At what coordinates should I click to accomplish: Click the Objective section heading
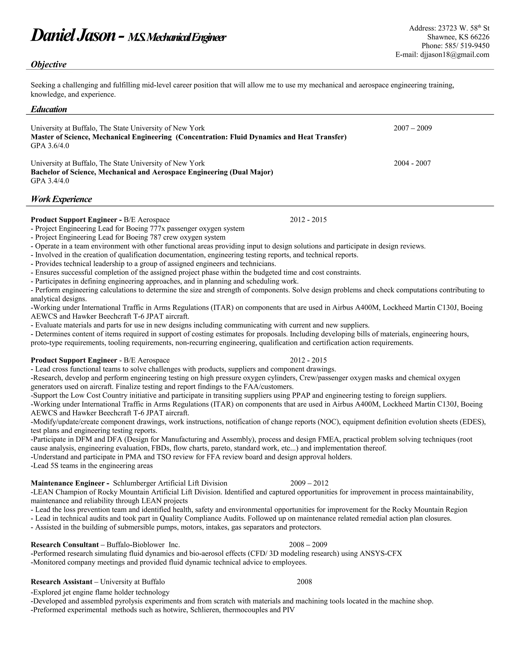(x=49, y=65)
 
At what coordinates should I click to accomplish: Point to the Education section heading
(x=49, y=110)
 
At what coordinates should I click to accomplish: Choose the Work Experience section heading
(x=61, y=199)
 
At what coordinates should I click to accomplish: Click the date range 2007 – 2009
(x=413, y=128)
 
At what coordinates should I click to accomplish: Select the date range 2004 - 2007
(x=412, y=163)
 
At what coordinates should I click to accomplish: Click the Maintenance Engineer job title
(x=68, y=483)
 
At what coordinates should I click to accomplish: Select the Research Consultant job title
(x=65, y=545)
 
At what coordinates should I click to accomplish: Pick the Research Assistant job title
(x=62, y=582)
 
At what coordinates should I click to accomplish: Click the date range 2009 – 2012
(x=309, y=483)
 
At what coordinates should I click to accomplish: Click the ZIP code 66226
(x=480, y=37)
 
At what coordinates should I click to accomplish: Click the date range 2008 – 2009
(x=308, y=545)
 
